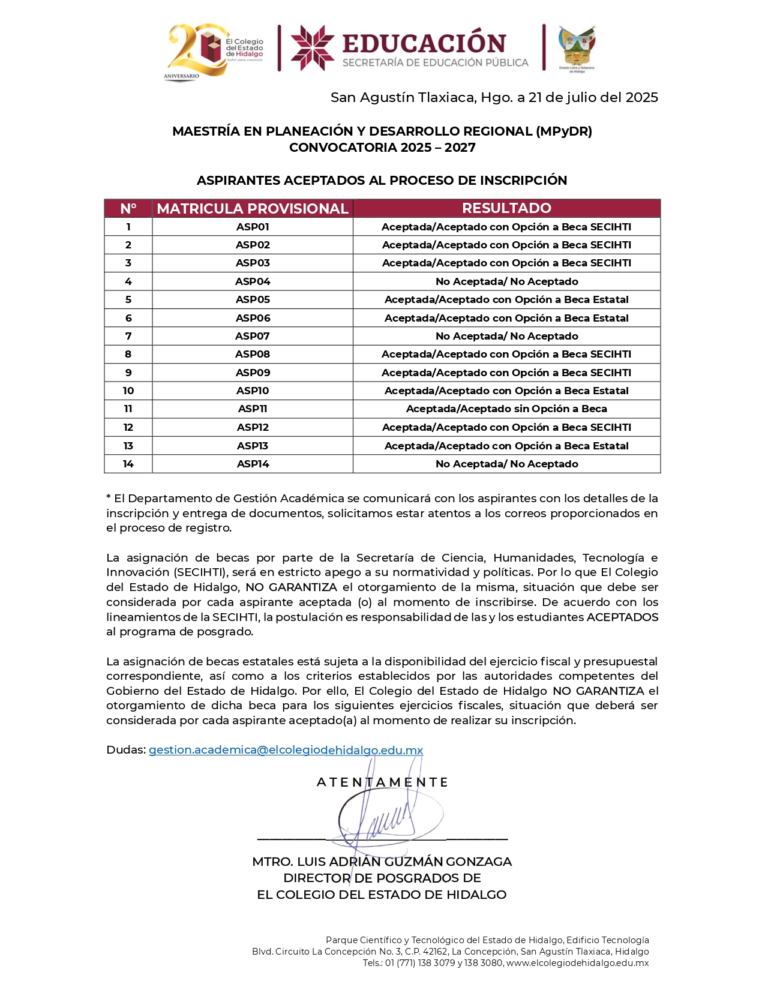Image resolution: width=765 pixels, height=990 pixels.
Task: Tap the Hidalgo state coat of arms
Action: tap(577, 48)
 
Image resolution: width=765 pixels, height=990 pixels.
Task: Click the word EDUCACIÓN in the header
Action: tap(424, 43)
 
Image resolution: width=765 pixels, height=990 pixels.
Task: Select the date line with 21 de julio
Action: tap(494, 97)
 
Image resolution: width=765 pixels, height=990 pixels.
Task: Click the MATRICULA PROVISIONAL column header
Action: tap(253, 208)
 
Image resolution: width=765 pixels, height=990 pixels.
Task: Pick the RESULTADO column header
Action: tap(506, 208)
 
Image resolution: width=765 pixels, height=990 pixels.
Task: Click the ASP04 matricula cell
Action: tap(253, 281)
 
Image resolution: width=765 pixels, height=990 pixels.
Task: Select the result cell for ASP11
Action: tap(506, 409)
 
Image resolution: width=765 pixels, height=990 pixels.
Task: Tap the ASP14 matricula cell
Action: tap(253, 464)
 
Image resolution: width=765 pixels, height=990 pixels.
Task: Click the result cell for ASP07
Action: tap(506, 336)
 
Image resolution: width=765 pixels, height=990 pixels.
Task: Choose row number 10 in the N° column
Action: tap(128, 391)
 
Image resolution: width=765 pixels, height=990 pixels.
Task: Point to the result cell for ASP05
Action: tap(506, 299)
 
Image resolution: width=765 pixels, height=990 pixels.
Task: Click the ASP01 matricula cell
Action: tap(253, 227)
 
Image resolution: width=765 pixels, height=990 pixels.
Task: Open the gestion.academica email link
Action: tap(286, 750)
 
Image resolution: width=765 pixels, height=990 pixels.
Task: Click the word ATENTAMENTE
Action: tap(382, 782)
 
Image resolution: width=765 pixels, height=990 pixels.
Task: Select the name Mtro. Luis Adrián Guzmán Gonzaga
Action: tap(382, 862)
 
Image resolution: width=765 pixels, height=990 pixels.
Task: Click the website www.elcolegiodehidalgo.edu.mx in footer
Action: tap(577, 963)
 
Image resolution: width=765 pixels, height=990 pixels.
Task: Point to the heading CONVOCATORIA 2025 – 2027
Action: tap(382, 148)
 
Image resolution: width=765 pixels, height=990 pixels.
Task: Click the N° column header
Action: tap(128, 208)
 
